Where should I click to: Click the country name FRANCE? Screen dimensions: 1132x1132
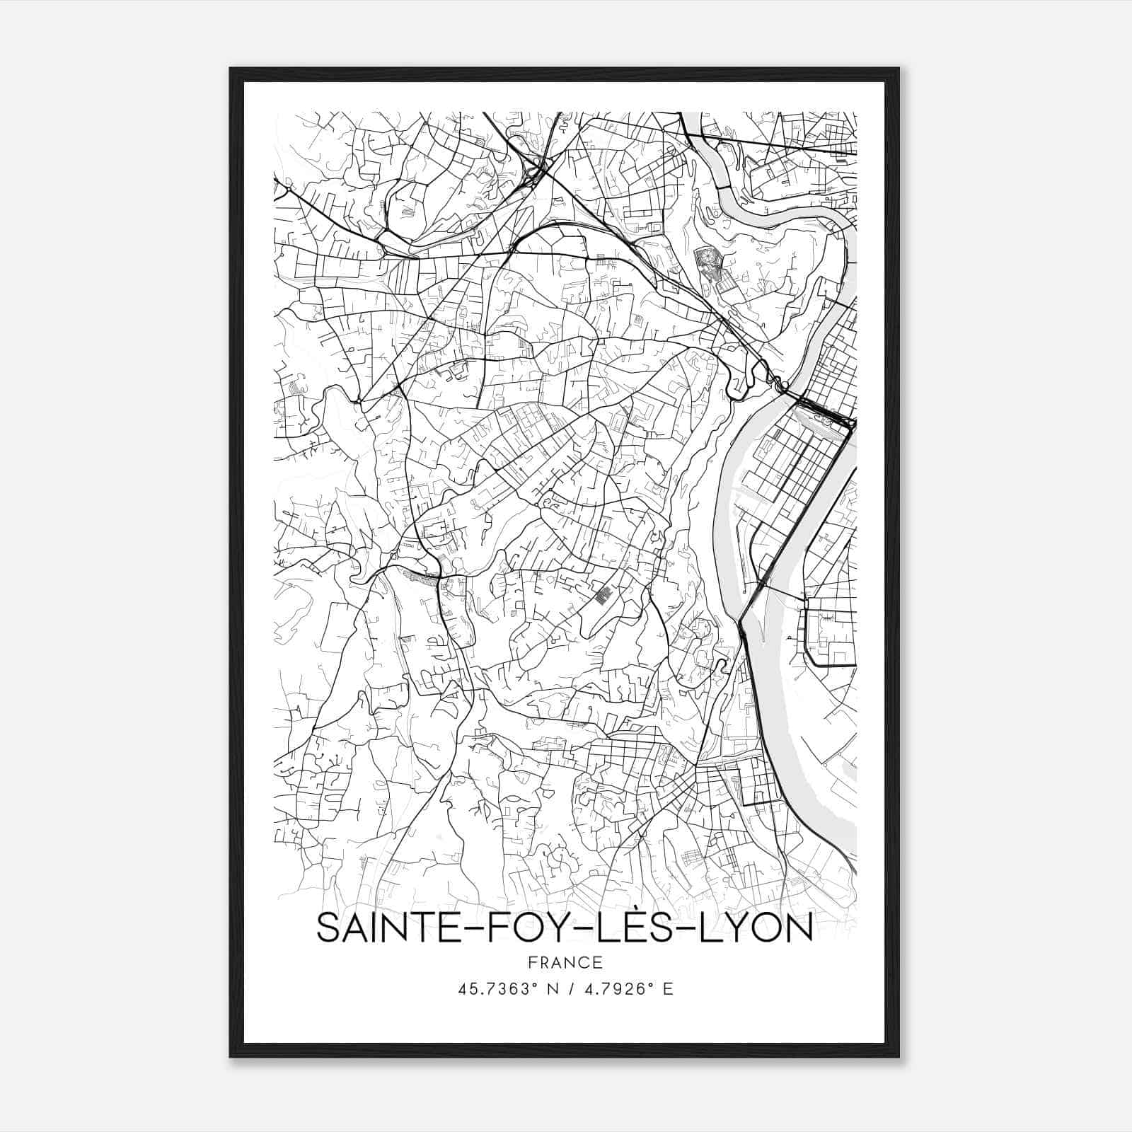[x=565, y=962]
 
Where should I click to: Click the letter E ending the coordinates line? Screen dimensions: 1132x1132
[x=667, y=988]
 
